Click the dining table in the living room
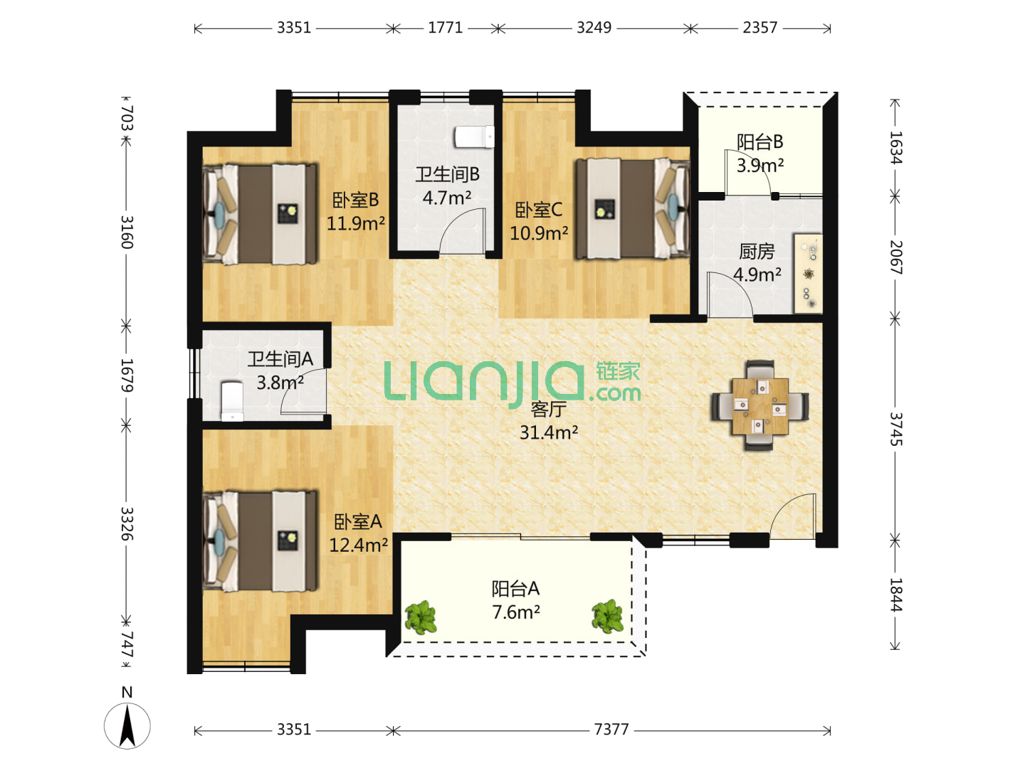pyautogui.click(x=759, y=405)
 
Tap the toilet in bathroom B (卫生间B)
pyautogui.click(x=475, y=137)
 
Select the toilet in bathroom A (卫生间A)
pyautogui.click(x=232, y=401)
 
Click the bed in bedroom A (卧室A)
pyautogui.click(x=260, y=541)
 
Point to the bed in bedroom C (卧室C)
pyautogui.click(x=633, y=208)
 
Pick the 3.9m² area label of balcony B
pyautogui.click(x=759, y=166)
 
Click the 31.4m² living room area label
pyautogui.click(x=549, y=432)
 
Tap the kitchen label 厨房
pyautogui.click(x=757, y=252)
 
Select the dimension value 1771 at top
pyautogui.click(x=445, y=28)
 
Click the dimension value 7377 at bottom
pyautogui.click(x=611, y=730)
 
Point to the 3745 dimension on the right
pyautogui.click(x=895, y=429)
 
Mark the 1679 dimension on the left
pyautogui.click(x=127, y=375)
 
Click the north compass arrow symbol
pyautogui.click(x=127, y=726)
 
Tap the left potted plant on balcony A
pyautogui.click(x=421, y=617)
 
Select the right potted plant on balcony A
pyautogui.click(x=607, y=616)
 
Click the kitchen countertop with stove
pyautogui.click(x=809, y=274)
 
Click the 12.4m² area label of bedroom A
pyautogui.click(x=358, y=545)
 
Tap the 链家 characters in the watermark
pyautogui.click(x=617, y=372)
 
